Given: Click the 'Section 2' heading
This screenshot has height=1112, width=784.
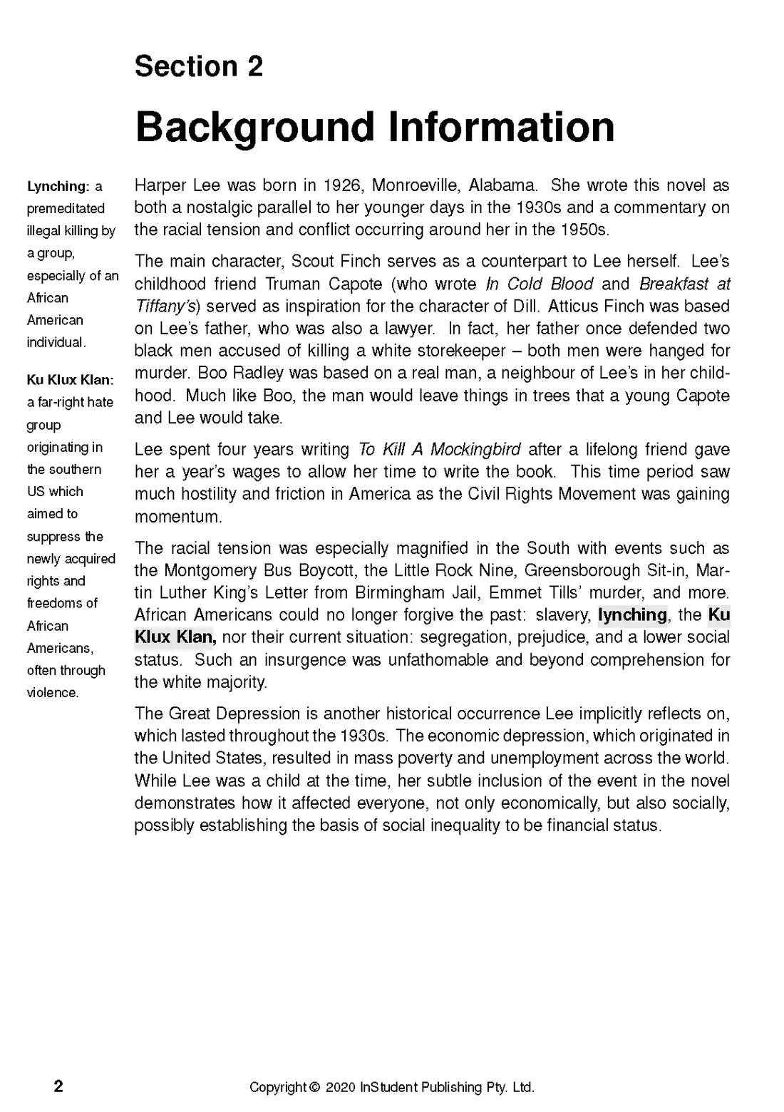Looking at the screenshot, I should click(199, 66).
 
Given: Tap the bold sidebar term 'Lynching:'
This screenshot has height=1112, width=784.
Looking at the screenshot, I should click(57, 187).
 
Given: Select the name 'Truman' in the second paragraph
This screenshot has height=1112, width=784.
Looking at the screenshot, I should click(293, 284).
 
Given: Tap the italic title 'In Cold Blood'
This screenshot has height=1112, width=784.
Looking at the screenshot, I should click(539, 284).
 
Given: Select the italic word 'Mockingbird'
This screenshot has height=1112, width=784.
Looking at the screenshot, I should click(475, 450).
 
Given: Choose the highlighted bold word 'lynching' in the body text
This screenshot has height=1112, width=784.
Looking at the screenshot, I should click(632, 615).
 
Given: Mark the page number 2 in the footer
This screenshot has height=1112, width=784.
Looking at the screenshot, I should click(58, 1086).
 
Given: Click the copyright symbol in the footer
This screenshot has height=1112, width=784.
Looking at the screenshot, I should click(314, 1088).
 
